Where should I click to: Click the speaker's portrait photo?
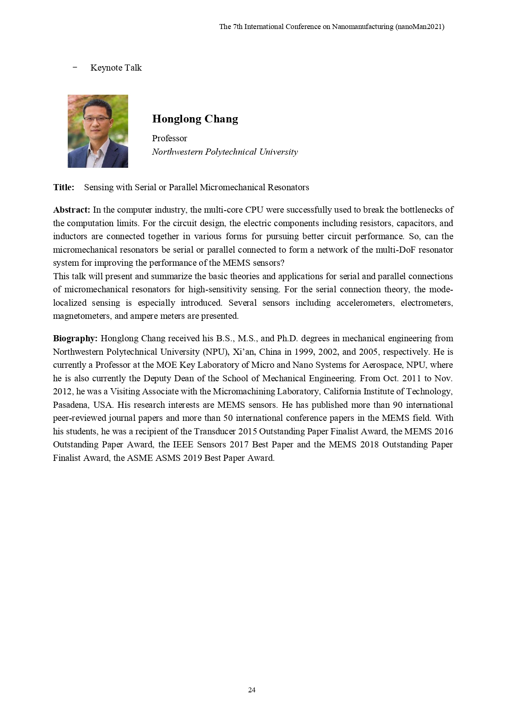pos(98,131)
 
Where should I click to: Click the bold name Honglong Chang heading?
pos(195,119)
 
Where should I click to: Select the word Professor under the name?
pos(169,138)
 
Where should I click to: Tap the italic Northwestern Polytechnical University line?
pos(225,152)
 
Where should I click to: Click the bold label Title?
pos(64,187)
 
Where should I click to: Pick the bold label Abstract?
pos(71,210)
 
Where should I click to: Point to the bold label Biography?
pos(75,338)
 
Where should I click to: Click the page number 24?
pos(252,690)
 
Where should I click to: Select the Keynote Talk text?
pos(116,68)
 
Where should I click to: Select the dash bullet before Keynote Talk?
pos(75,67)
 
